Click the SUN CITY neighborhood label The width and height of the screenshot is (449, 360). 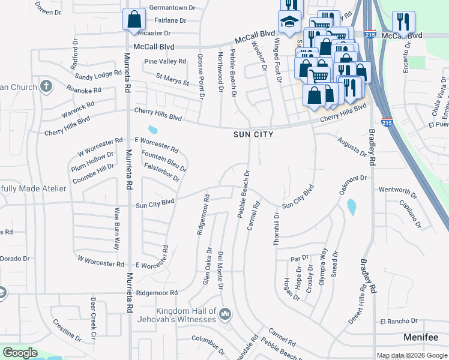253,134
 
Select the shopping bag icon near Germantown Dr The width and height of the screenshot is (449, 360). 134,19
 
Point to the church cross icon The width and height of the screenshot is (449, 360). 46,87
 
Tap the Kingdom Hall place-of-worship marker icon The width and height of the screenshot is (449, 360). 225,314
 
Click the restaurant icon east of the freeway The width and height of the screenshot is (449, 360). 403,22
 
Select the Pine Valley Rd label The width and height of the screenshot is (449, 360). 165,62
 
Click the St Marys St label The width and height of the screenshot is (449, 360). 172,79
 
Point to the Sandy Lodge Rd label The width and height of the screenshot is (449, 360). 98,76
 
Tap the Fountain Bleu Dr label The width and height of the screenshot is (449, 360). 164,161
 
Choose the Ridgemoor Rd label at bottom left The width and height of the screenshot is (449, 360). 157,293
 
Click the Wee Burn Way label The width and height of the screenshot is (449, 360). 117,228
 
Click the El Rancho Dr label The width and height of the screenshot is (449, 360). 398,322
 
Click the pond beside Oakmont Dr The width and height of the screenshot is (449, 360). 351,207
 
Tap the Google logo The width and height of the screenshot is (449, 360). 20,353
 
